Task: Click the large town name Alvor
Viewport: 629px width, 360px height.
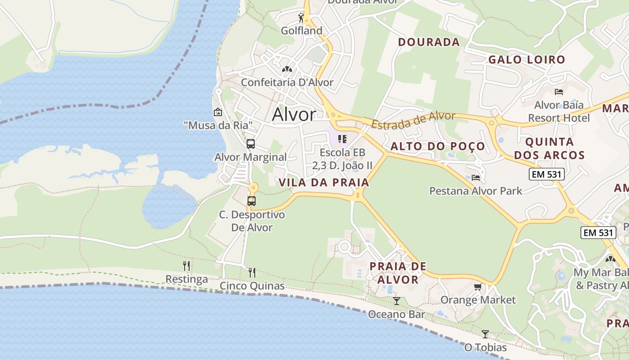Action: pos(294,115)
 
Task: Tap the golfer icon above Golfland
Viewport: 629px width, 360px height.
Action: pos(301,18)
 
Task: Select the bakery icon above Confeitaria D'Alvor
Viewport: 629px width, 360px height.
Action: pos(287,69)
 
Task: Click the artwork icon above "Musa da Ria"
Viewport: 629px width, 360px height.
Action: pos(218,112)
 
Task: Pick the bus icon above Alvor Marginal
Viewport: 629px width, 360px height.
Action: pos(251,144)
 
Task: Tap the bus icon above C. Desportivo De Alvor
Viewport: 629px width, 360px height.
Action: pos(252,201)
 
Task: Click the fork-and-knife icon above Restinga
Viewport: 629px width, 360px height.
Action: pos(186,265)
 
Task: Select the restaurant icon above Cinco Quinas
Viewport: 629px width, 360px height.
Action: pos(252,272)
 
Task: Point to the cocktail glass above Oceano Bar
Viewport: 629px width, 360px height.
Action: pos(396,301)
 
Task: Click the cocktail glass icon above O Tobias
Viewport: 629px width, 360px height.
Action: pos(485,334)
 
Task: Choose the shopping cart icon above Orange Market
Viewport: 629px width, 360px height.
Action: pos(478,287)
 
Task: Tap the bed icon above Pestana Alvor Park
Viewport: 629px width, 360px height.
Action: pos(476,177)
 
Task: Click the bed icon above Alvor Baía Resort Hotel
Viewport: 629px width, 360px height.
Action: pos(559,92)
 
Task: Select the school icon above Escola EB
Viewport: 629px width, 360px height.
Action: pos(342,139)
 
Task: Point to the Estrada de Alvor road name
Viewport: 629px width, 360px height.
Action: pos(413,120)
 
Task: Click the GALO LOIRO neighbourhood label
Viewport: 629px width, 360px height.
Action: pos(527,59)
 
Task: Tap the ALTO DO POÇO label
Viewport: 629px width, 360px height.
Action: pos(438,146)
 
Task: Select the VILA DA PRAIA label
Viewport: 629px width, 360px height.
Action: pos(324,182)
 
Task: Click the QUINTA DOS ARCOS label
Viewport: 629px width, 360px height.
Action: pos(549,148)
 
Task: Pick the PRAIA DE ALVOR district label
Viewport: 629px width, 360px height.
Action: pos(398,273)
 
